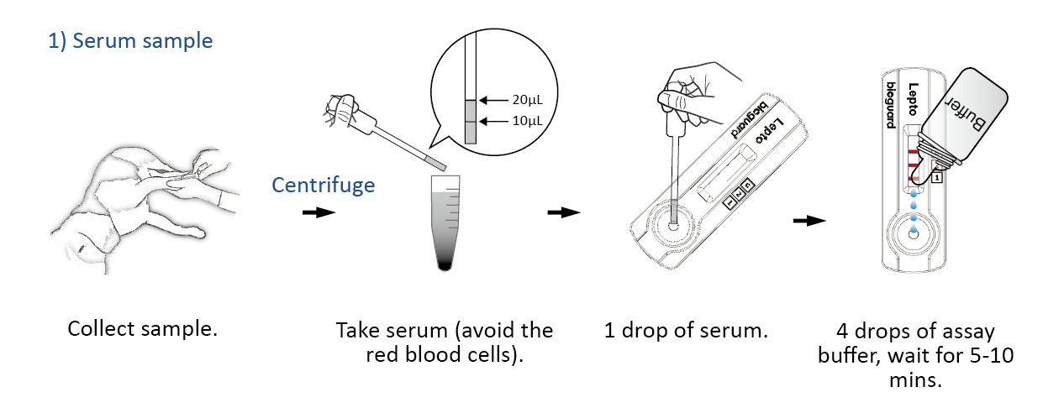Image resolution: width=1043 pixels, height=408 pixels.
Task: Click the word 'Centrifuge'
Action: point(324,185)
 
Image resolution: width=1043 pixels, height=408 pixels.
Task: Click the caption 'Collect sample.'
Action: point(142,328)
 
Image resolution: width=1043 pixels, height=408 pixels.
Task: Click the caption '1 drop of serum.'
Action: point(686,331)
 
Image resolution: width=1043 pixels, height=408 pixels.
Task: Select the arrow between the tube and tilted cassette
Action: point(563,212)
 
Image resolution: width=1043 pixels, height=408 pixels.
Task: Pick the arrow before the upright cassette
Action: point(809,221)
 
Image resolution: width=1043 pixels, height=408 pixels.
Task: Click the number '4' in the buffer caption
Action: point(842,331)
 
